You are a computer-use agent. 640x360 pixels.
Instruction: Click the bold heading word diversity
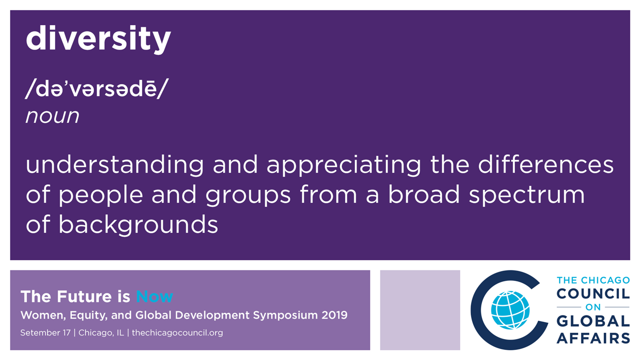[x=98, y=39]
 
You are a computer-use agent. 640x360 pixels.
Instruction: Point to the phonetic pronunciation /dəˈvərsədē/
[x=97, y=88]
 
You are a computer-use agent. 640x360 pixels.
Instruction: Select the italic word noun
[x=52, y=116]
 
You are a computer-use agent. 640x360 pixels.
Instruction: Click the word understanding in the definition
[x=115, y=165]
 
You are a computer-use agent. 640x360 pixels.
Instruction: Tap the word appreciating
[x=344, y=165]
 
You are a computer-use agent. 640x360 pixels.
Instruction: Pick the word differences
[x=546, y=164]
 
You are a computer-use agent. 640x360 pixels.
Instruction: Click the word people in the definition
[x=101, y=195]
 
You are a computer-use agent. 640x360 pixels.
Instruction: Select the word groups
[x=248, y=195]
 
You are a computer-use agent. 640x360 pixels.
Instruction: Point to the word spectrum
[x=526, y=195]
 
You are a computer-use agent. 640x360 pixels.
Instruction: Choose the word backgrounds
[x=138, y=225]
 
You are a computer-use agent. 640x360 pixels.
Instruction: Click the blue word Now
[x=154, y=296]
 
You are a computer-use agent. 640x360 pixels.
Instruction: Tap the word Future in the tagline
[x=83, y=296]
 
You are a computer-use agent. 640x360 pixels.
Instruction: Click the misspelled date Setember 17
[x=45, y=333]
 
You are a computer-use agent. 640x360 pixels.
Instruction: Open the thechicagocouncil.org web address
[x=177, y=333]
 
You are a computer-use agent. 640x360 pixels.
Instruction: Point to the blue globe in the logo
[x=510, y=310]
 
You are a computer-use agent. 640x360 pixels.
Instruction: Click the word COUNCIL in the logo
[x=593, y=293]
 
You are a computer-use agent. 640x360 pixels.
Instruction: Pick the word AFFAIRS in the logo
[x=593, y=338]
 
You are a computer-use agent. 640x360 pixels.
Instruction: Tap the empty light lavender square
[x=420, y=310]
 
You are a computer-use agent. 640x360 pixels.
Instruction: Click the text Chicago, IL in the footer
[x=101, y=333]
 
